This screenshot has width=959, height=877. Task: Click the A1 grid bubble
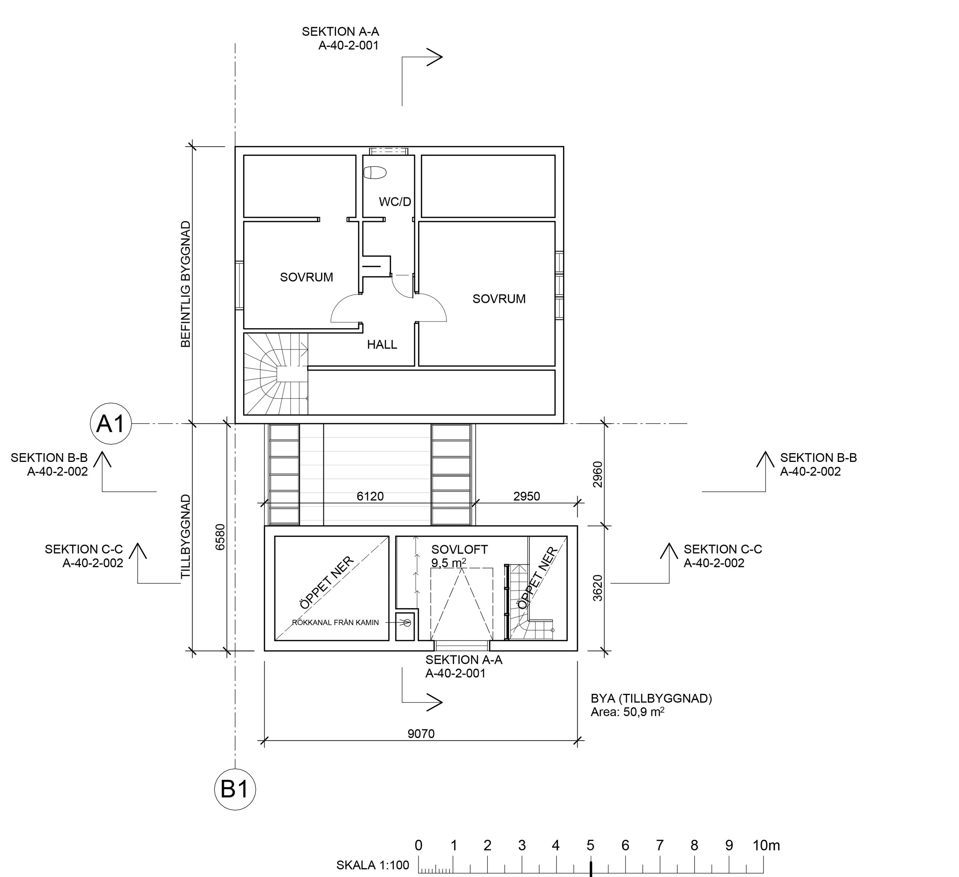pos(111,423)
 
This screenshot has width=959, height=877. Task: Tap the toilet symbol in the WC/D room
pos(375,173)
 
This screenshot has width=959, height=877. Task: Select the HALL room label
pos(382,344)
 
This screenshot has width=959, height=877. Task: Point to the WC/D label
pos(395,202)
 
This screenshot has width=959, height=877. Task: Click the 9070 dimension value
pos(421,734)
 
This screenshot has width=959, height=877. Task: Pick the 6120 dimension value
pos(370,496)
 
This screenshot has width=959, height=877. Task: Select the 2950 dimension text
pos(527,496)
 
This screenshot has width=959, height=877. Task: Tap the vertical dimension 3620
pos(598,588)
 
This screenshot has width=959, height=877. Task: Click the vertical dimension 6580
pos(220,537)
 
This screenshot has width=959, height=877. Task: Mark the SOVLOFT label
pos(460,549)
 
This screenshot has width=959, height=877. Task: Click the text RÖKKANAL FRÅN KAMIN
pos(335,622)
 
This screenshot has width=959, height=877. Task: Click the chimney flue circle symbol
pos(407,622)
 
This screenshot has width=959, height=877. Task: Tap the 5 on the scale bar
pos(590,846)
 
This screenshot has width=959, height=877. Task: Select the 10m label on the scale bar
pos(766,846)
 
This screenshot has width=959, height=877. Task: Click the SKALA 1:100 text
pos(372,865)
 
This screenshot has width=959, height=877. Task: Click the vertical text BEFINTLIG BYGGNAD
pos(186,284)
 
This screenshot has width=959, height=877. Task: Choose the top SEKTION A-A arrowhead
pos(434,57)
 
